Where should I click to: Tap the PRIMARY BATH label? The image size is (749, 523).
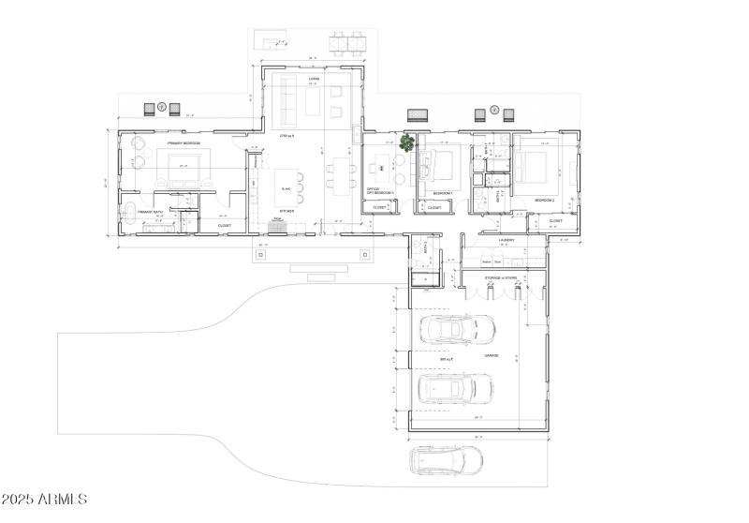click(x=151, y=213)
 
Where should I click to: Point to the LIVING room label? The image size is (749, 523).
click(x=301, y=79)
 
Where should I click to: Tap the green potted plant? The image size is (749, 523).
click(x=407, y=142)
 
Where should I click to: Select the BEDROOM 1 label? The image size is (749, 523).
click(x=443, y=193)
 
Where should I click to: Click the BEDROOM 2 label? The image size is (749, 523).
click(x=545, y=201)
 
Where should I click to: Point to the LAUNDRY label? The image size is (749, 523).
click(x=496, y=240)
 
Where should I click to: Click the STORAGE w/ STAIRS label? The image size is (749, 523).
click(x=501, y=277)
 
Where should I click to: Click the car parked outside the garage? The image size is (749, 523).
click(x=446, y=461)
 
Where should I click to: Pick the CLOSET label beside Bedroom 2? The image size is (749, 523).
click(x=555, y=221)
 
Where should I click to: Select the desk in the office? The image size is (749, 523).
click(x=381, y=169)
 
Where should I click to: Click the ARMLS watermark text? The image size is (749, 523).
click(x=44, y=500)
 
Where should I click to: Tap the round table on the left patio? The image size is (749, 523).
click(x=161, y=107)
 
